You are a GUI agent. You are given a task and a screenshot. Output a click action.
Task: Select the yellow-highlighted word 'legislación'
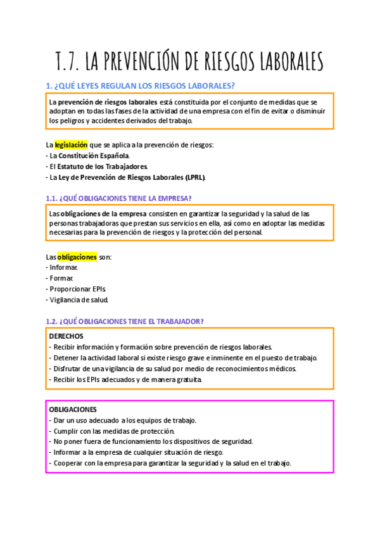(x=71, y=144)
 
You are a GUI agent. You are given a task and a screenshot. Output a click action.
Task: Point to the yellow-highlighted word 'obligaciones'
(x=77, y=257)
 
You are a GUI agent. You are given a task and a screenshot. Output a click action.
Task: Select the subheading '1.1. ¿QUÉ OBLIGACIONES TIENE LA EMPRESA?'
(x=119, y=198)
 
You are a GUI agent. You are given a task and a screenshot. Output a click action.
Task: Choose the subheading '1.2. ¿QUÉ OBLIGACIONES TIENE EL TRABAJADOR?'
(x=125, y=322)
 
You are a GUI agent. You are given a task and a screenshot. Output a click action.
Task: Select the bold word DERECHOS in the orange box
(x=66, y=336)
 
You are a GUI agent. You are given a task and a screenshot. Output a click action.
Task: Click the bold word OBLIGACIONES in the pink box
(x=73, y=410)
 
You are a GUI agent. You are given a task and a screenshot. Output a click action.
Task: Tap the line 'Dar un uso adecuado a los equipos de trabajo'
(x=125, y=420)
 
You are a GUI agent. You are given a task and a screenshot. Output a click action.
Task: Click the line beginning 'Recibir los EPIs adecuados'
(x=127, y=379)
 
